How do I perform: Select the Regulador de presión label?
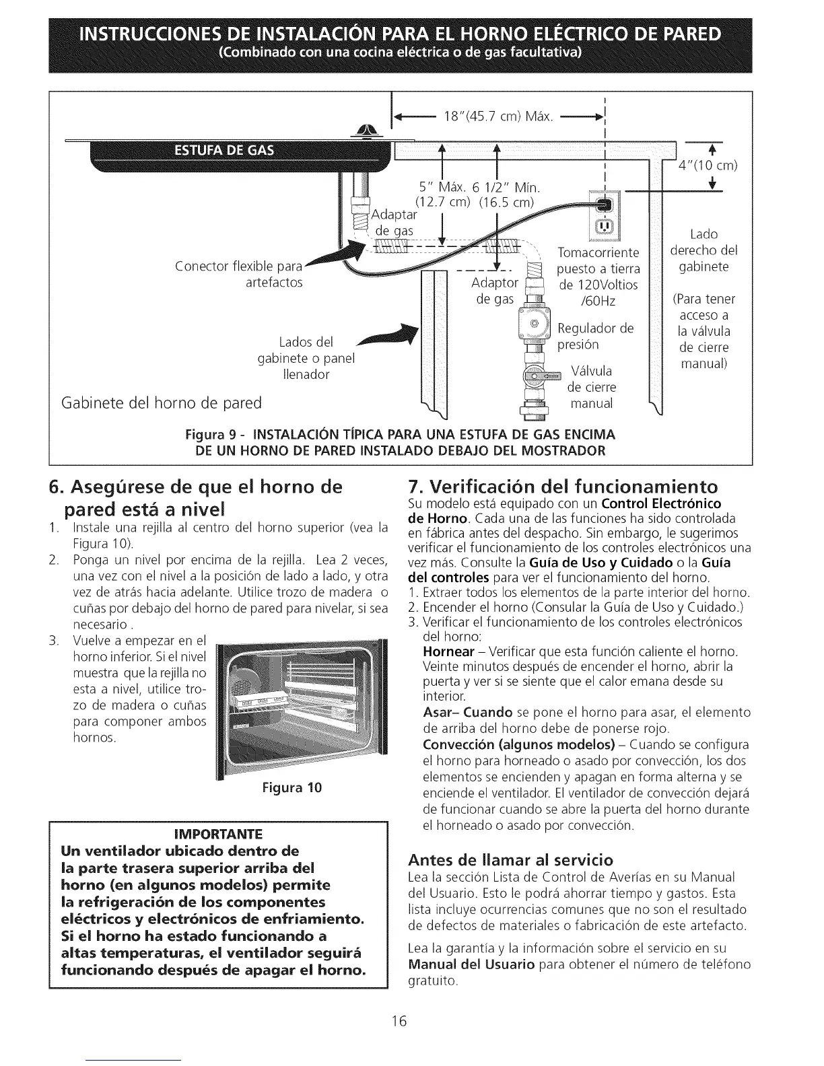[x=595, y=336]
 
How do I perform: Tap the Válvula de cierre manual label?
[x=592, y=388]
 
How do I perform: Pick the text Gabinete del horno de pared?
[x=161, y=404]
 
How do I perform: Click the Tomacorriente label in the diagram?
[x=598, y=252]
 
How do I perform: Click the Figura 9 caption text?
[x=401, y=442]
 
